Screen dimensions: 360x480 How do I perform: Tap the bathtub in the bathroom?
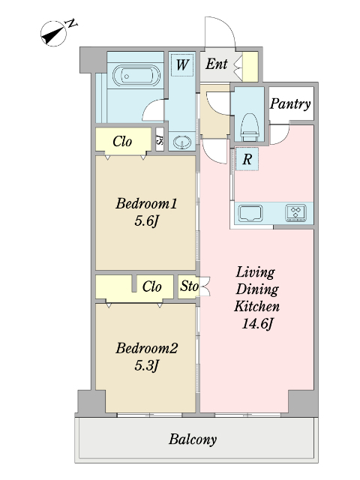pyautogui.click(x=136, y=76)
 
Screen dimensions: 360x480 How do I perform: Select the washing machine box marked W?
pyautogui.click(x=182, y=65)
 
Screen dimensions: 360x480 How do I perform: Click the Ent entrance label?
pyautogui.click(x=217, y=64)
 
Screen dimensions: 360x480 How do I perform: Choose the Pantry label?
pyautogui.click(x=290, y=104)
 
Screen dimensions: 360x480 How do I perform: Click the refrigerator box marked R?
pyautogui.click(x=247, y=159)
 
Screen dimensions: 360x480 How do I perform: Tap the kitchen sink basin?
pyautogui.click(x=250, y=213)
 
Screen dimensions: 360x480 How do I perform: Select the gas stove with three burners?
pyautogui.click(x=295, y=213)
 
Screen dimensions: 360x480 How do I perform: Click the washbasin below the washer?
pyautogui.click(x=182, y=142)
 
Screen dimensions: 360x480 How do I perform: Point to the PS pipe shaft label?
pyautogui.click(x=160, y=140)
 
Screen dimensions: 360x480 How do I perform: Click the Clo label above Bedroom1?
pyautogui.click(x=122, y=142)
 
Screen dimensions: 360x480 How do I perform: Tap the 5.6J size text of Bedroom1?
pyautogui.click(x=146, y=220)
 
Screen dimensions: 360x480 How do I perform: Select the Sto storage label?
pyautogui.click(x=189, y=286)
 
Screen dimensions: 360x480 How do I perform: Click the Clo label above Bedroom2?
pyautogui.click(x=151, y=286)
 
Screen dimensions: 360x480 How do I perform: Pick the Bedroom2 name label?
pyautogui.click(x=147, y=348)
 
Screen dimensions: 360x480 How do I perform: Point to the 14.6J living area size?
pyautogui.click(x=257, y=323)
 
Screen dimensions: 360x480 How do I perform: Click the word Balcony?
pyautogui.click(x=193, y=439)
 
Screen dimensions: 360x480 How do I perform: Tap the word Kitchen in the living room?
pyautogui.click(x=256, y=306)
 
